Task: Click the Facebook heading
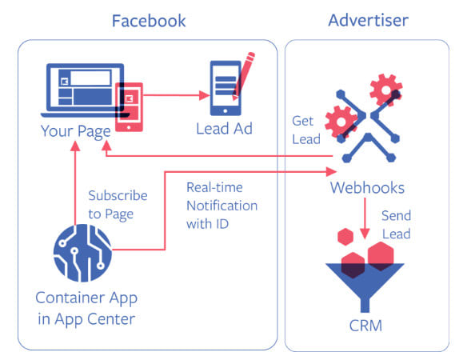149,21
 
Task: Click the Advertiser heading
368,20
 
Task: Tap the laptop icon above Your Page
84,90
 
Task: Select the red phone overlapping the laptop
129,107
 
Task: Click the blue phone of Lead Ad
226,88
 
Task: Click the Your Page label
76,131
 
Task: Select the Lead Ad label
224,129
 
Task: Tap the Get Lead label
306,130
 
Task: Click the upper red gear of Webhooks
386,90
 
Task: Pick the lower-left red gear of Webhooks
341,122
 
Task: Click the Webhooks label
367,188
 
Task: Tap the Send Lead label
396,225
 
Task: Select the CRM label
365,326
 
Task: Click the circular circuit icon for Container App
83,253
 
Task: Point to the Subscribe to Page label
118,205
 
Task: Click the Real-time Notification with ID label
222,206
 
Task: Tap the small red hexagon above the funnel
345,237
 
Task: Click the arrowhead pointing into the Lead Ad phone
205,95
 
